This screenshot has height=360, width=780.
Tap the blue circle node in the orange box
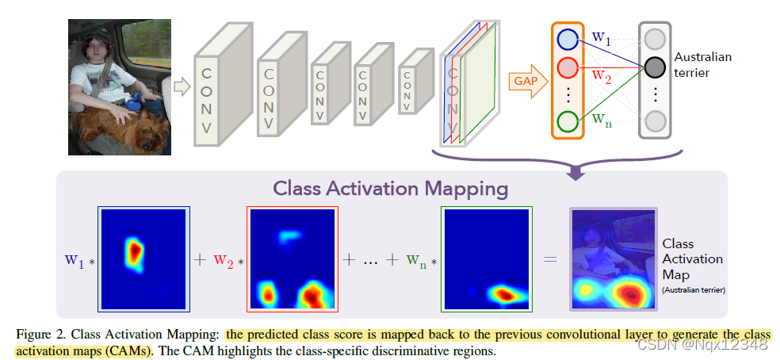568,39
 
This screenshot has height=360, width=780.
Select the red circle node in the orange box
568,67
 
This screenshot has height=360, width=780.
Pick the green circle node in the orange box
568,121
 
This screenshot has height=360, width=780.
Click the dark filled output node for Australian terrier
655,67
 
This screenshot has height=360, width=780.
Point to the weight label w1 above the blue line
602,36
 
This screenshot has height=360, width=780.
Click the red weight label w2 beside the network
602,77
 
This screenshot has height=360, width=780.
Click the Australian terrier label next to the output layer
702,64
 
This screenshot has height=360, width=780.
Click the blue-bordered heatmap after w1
143,259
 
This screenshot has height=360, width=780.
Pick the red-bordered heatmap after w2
293,259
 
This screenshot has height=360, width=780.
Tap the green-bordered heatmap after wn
487,259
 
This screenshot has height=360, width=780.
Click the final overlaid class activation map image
613,259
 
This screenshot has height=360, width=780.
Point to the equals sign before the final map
550,259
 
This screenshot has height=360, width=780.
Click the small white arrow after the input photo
182,86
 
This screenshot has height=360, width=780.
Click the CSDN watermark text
714,344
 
